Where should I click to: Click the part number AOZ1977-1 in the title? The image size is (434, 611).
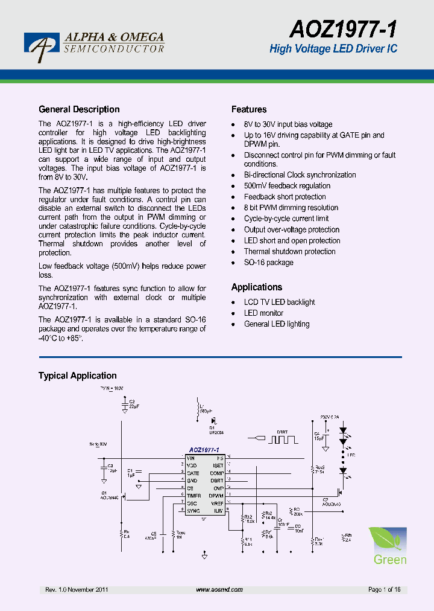coord(343,28)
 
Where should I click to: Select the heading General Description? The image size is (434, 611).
coord(79,109)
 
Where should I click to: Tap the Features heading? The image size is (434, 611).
coord(249,109)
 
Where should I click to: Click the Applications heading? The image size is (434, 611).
coord(257,287)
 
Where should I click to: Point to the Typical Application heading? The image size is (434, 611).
coord(78,376)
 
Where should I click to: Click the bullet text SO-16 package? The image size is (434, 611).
coord(268,263)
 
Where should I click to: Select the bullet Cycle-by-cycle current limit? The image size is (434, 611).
coord(286,219)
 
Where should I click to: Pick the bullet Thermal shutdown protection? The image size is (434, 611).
coord(289,252)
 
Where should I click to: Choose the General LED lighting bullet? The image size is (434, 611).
coord(277,324)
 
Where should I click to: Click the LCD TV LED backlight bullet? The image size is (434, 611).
coord(279,302)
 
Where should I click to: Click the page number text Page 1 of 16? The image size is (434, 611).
coord(384,589)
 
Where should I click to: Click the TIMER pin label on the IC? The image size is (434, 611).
coord(193,496)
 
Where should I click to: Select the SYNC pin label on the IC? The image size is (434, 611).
coord(193,511)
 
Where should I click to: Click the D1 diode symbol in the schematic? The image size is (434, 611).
coord(213,420)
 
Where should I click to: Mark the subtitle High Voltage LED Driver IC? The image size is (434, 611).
coord(333,49)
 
